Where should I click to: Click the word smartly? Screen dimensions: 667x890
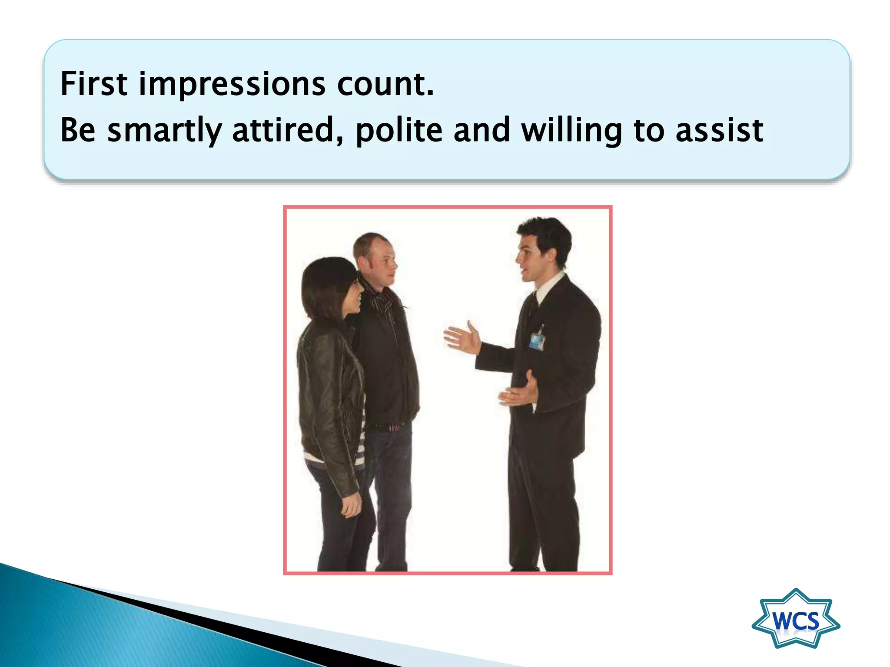pos(165,131)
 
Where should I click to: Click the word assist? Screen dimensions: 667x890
pos(719,131)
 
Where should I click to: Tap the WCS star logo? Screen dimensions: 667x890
pos(796,618)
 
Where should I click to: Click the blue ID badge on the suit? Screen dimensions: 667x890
pos(537,341)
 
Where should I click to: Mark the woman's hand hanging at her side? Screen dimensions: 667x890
pos(351,505)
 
